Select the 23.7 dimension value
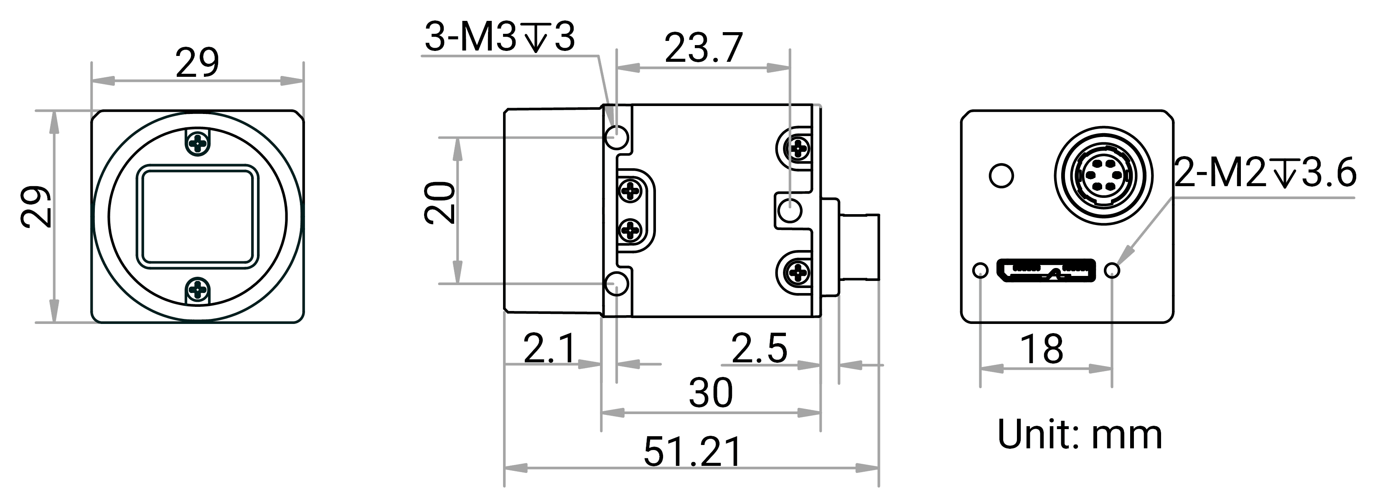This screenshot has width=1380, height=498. click(x=704, y=48)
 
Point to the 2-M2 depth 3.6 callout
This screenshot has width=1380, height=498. click(x=1265, y=172)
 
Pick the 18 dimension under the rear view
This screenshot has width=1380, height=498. click(x=1042, y=349)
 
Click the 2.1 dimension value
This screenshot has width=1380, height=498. click(x=549, y=348)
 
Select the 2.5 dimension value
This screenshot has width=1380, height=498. click(x=759, y=348)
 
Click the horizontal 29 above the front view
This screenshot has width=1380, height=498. click(x=197, y=63)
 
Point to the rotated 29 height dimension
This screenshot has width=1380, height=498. click(x=36, y=207)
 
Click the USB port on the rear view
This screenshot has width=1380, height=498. click(x=1046, y=270)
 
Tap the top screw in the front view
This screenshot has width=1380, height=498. click(x=198, y=143)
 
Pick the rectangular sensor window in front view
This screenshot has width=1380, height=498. click(x=198, y=217)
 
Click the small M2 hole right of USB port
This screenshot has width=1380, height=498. click(x=1112, y=270)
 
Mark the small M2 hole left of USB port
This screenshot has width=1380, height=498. click(x=980, y=270)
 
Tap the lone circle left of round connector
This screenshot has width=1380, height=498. click(x=1001, y=176)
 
